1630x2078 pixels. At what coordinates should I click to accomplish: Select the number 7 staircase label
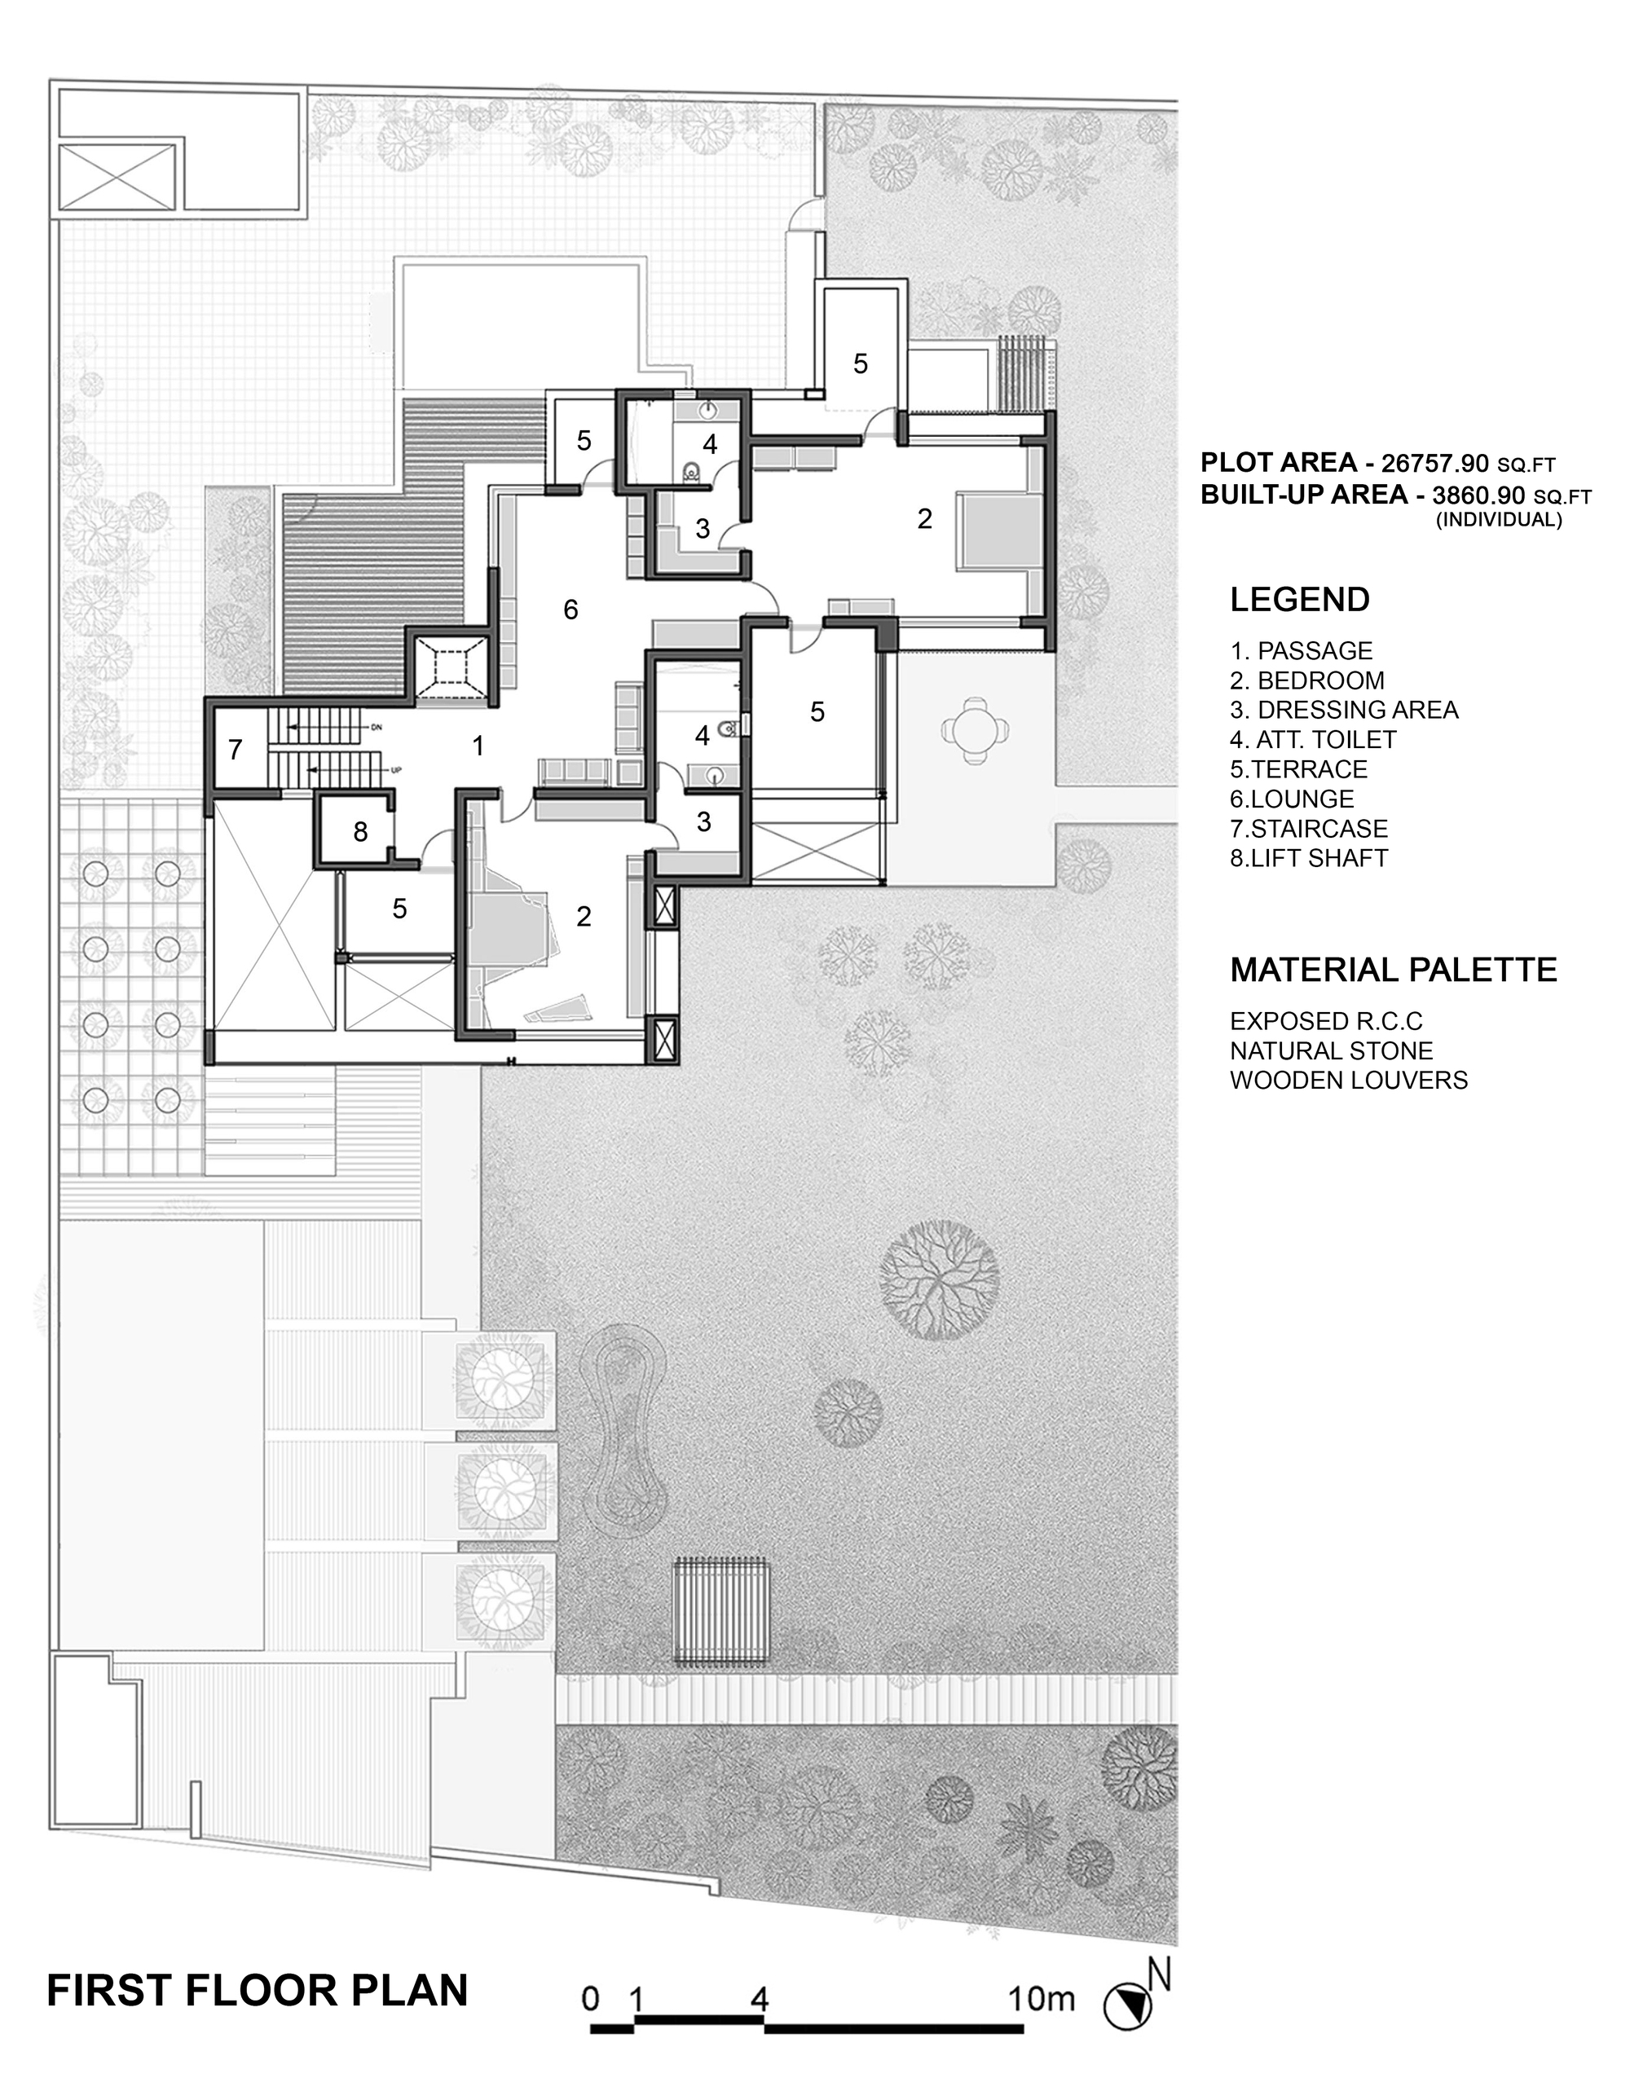(x=235, y=750)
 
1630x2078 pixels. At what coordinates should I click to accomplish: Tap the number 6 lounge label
(x=570, y=610)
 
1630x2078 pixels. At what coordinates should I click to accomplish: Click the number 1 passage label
(x=478, y=746)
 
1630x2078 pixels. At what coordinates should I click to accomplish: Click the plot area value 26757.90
(x=1434, y=464)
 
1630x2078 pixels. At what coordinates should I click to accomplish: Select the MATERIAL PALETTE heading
(x=1394, y=971)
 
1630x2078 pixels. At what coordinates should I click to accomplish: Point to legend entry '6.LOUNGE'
(x=1292, y=799)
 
